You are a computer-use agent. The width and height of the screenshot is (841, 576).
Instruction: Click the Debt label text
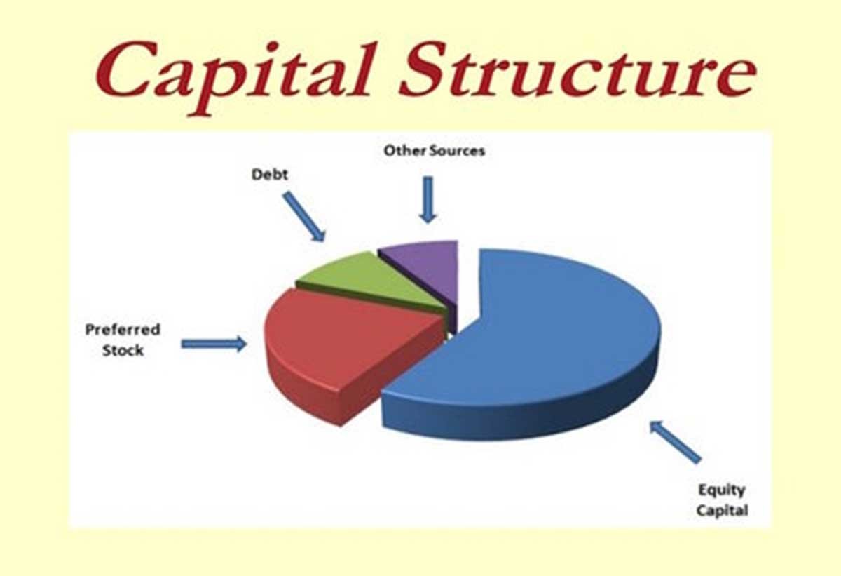point(270,174)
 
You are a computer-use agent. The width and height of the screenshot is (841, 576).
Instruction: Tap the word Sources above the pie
point(457,150)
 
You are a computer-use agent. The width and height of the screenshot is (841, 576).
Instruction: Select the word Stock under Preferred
point(123,349)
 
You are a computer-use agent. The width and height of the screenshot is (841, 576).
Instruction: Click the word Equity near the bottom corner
point(720,490)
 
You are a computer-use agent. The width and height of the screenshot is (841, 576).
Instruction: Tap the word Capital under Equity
point(722,510)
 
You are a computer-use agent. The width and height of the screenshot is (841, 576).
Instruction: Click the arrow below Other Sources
point(428,199)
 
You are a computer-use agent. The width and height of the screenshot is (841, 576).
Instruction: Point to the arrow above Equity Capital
point(674,441)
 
